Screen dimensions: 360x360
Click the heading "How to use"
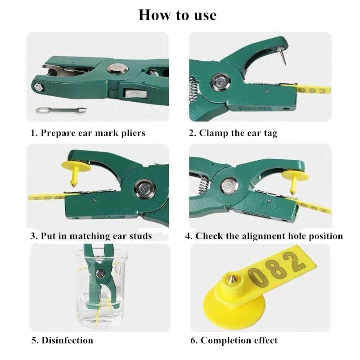click(x=177, y=15)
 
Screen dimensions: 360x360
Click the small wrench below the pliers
click(x=61, y=110)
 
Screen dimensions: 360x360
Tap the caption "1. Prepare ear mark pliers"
click(x=88, y=133)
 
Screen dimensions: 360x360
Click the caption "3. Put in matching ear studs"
click(x=91, y=236)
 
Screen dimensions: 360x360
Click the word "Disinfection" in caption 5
click(x=67, y=340)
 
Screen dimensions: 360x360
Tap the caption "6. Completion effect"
click(x=234, y=340)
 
